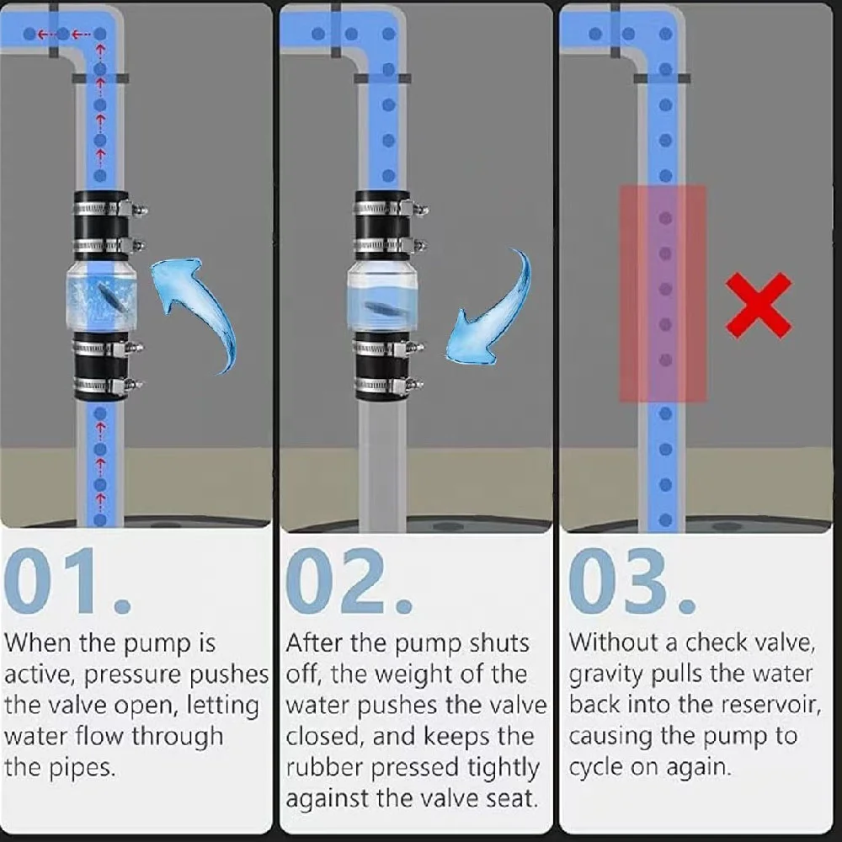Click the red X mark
(x=759, y=306)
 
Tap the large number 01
(x=67, y=582)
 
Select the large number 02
(x=349, y=582)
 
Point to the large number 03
(x=632, y=582)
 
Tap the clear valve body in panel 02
(x=381, y=297)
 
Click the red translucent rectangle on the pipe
(x=663, y=294)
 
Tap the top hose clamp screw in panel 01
(x=139, y=209)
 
